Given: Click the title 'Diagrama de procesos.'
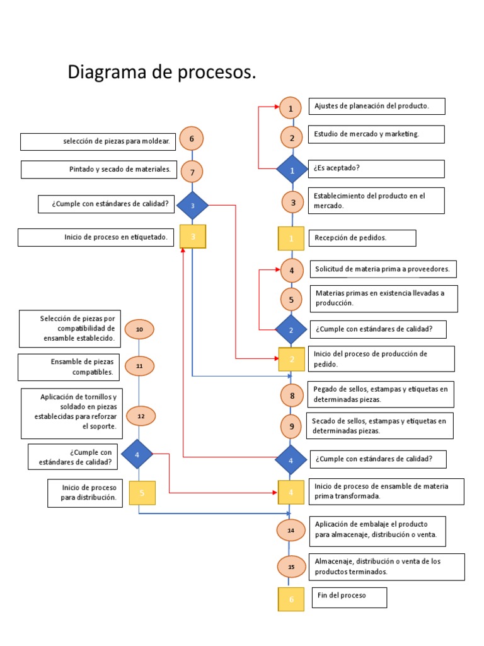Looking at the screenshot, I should [x=162, y=73].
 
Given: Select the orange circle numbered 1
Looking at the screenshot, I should [x=291, y=109].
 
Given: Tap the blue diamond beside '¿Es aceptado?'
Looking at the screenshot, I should [x=291, y=170].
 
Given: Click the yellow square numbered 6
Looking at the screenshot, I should [x=291, y=599].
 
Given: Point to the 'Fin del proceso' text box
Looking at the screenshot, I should [x=349, y=597].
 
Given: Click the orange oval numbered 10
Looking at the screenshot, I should [x=139, y=329].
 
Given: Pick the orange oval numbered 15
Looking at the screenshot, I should [x=291, y=567].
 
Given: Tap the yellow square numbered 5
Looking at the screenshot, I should [x=142, y=493].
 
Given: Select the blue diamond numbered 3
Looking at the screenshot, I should [x=192, y=205].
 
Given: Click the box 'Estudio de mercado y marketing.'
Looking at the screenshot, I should [x=376, y=134].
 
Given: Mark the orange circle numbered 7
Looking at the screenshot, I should [x=192, y=171].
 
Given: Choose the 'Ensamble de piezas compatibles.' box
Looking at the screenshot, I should [x=69, y=367].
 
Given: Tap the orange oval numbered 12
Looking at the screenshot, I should [x=141, y=416].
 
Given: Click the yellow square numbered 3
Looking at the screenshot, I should [x=193, y=237].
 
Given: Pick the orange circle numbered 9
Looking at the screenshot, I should [x=292, y=426].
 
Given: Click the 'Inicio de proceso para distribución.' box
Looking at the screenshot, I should [x=84, y=493].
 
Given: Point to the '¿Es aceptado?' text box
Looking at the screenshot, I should [x=376, y=169].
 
